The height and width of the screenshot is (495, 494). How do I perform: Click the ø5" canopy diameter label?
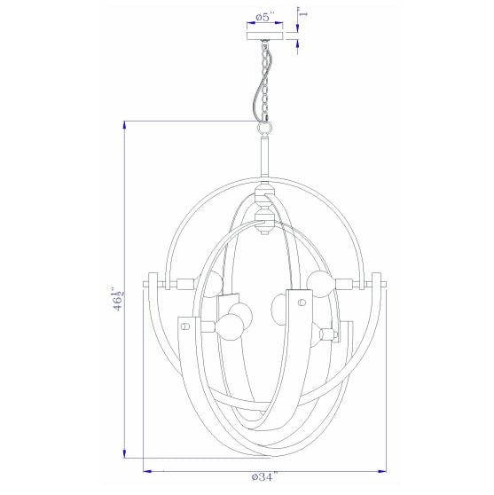coord(265,17)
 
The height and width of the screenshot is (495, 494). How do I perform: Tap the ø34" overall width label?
coord(265,476)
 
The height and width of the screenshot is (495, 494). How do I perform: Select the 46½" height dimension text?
coord(118,299)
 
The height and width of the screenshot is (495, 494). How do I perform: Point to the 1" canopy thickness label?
coord(303,14)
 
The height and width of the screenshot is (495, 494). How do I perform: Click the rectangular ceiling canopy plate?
coord(265,36)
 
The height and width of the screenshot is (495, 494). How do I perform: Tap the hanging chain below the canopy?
coord(264,82)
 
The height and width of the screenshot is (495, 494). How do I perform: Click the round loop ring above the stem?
coord(265,128)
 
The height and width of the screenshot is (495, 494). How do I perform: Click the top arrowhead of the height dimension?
coord(125,125)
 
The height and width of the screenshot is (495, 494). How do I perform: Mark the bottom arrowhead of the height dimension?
coord(125,453)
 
